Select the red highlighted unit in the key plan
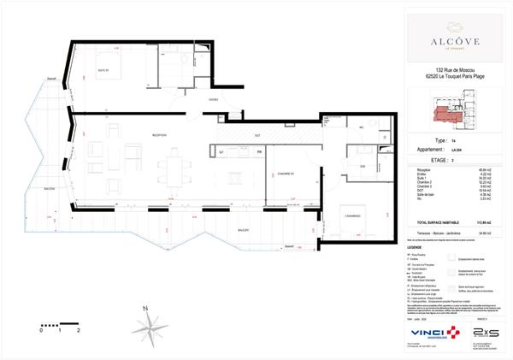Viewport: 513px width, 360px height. click(x=445, y=112)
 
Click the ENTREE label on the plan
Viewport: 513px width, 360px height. click(x=213, y=99)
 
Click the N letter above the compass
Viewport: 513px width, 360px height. click(x=146, y=305)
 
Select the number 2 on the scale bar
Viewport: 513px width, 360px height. click(x=79, y=328)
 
